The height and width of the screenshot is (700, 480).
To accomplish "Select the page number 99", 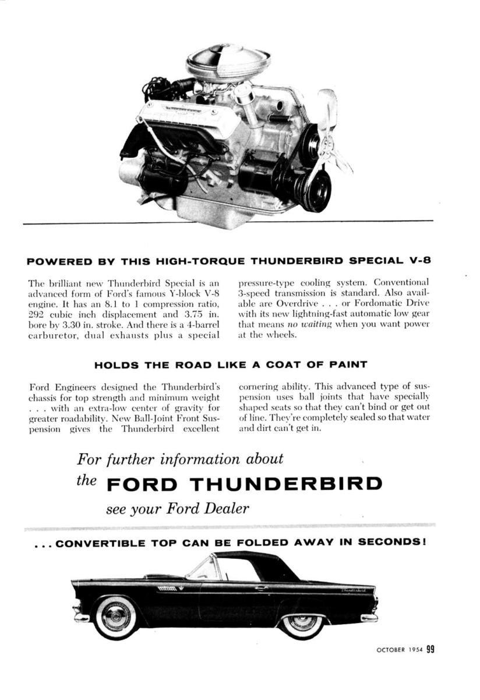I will click(x=430, y=649).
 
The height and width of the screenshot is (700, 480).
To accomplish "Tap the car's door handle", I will click(x=261, y=588).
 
